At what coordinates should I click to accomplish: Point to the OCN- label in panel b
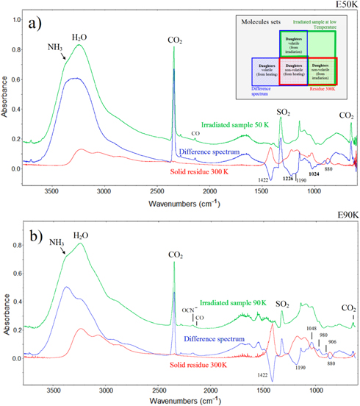tap(190, 310)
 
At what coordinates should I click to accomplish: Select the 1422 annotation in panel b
tap(263, 375)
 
